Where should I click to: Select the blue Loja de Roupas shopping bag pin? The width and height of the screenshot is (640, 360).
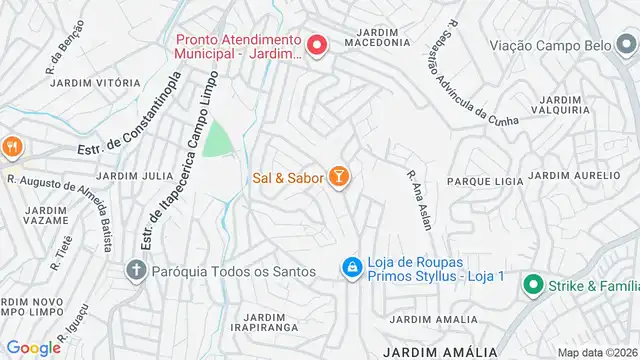(352, 267)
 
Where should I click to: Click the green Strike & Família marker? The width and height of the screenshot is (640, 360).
(532, 285)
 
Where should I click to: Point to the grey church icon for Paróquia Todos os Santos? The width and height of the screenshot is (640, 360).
(136, 270)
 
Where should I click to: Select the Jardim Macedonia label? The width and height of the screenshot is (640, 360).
(377, 35)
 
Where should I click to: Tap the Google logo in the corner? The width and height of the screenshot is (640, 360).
(33, 347)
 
